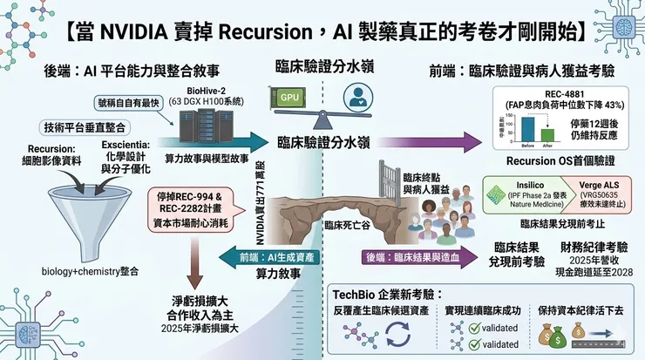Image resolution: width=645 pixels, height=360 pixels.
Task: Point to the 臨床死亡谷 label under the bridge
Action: (x=342, y=224)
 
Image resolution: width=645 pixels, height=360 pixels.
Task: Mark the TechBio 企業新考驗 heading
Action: (x=388, y=294)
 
